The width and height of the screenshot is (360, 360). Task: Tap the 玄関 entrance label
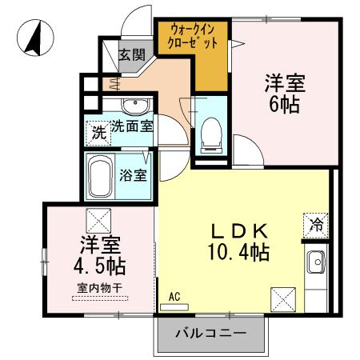click(132, 55)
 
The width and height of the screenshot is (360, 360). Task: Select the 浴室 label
click(134, 174)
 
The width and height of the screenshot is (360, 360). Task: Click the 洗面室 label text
click(132, 126)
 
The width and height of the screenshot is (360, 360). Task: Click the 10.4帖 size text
click(238, 253)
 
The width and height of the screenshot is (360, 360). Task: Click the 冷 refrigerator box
click(316, 225)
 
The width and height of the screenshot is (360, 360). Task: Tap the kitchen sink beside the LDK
click(316, 261)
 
